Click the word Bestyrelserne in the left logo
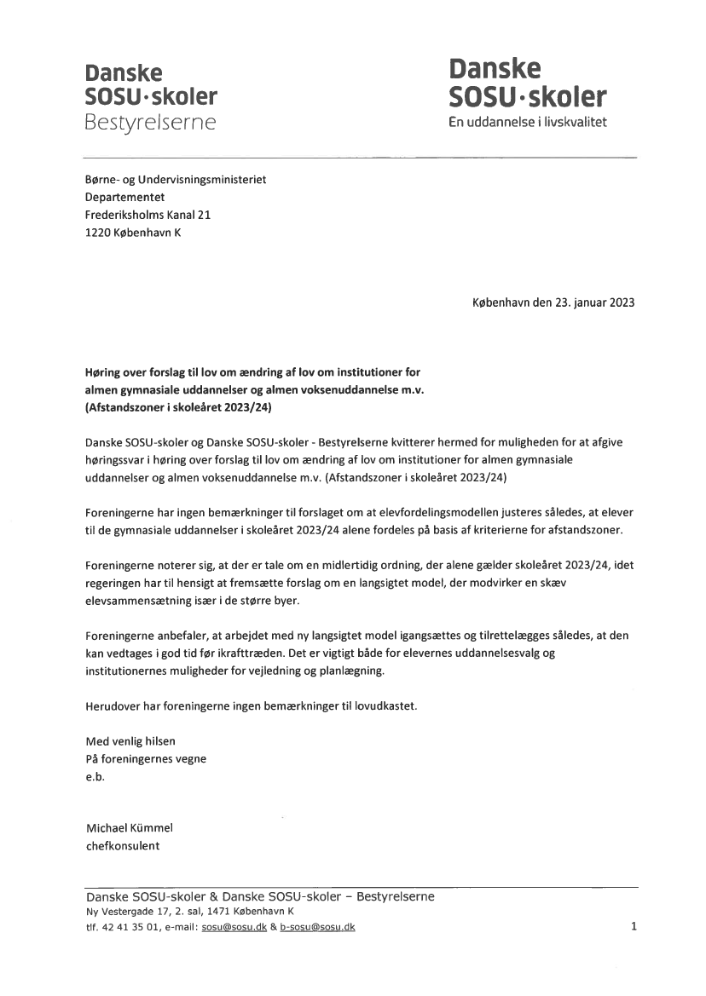[150, 122]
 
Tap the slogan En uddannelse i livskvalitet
[528, 123]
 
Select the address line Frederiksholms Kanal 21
[148, 215]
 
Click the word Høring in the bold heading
[105, 372]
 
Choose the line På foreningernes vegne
[146, 758]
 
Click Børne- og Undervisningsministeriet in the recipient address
[176, 180]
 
